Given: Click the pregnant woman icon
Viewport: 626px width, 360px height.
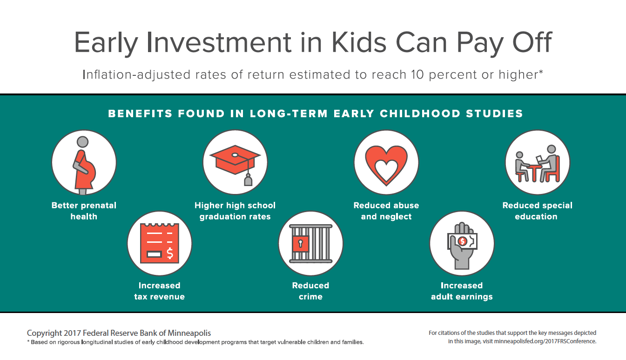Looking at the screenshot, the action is pos(84,165).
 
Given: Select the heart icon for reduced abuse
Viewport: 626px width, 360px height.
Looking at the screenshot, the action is pos(386,165).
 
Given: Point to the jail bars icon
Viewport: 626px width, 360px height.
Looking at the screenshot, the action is pos(311,244).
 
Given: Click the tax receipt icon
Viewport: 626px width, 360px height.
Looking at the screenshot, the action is pos(160,243).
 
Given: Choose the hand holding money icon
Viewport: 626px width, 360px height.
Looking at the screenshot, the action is pos(462,246).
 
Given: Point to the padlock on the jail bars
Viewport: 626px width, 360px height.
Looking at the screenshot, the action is pos(301,244).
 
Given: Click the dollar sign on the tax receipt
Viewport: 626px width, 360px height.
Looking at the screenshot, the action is pos(170,253).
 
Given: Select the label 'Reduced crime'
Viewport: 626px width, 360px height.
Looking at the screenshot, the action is pos(310,291).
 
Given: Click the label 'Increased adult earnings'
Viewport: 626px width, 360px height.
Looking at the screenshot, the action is pos(462,291).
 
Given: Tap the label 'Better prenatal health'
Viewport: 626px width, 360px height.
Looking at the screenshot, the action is pos(84,211).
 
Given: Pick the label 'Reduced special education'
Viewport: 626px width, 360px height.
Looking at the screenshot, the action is pos(537,211).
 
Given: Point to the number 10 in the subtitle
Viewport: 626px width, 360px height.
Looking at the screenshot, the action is pos(417,74).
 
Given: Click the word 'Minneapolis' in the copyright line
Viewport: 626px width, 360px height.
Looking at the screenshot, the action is pos(189,333).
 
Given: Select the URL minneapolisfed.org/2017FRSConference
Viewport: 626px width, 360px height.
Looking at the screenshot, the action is pos(545,341).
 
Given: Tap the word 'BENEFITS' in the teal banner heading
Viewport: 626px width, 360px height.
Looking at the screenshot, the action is pos(140,113).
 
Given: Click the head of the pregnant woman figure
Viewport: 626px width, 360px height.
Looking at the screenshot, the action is pos(82,141).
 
